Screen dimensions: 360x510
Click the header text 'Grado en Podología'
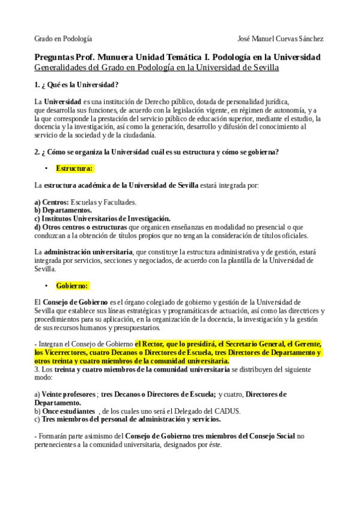tap(63, 38)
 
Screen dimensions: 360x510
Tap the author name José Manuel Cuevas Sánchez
tap(281, 38)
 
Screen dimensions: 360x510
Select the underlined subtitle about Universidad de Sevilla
tap(157, 67)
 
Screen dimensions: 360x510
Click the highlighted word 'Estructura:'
tap(74, 168)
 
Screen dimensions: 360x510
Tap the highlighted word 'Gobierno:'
tap(72, 286)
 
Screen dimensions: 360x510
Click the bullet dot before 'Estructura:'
tap(46, 169)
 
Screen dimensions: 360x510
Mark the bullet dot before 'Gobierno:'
tap(46, 286)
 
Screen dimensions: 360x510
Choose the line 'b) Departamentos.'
tap(63, 210)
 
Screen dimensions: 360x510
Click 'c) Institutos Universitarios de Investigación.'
tap(102, 218)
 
